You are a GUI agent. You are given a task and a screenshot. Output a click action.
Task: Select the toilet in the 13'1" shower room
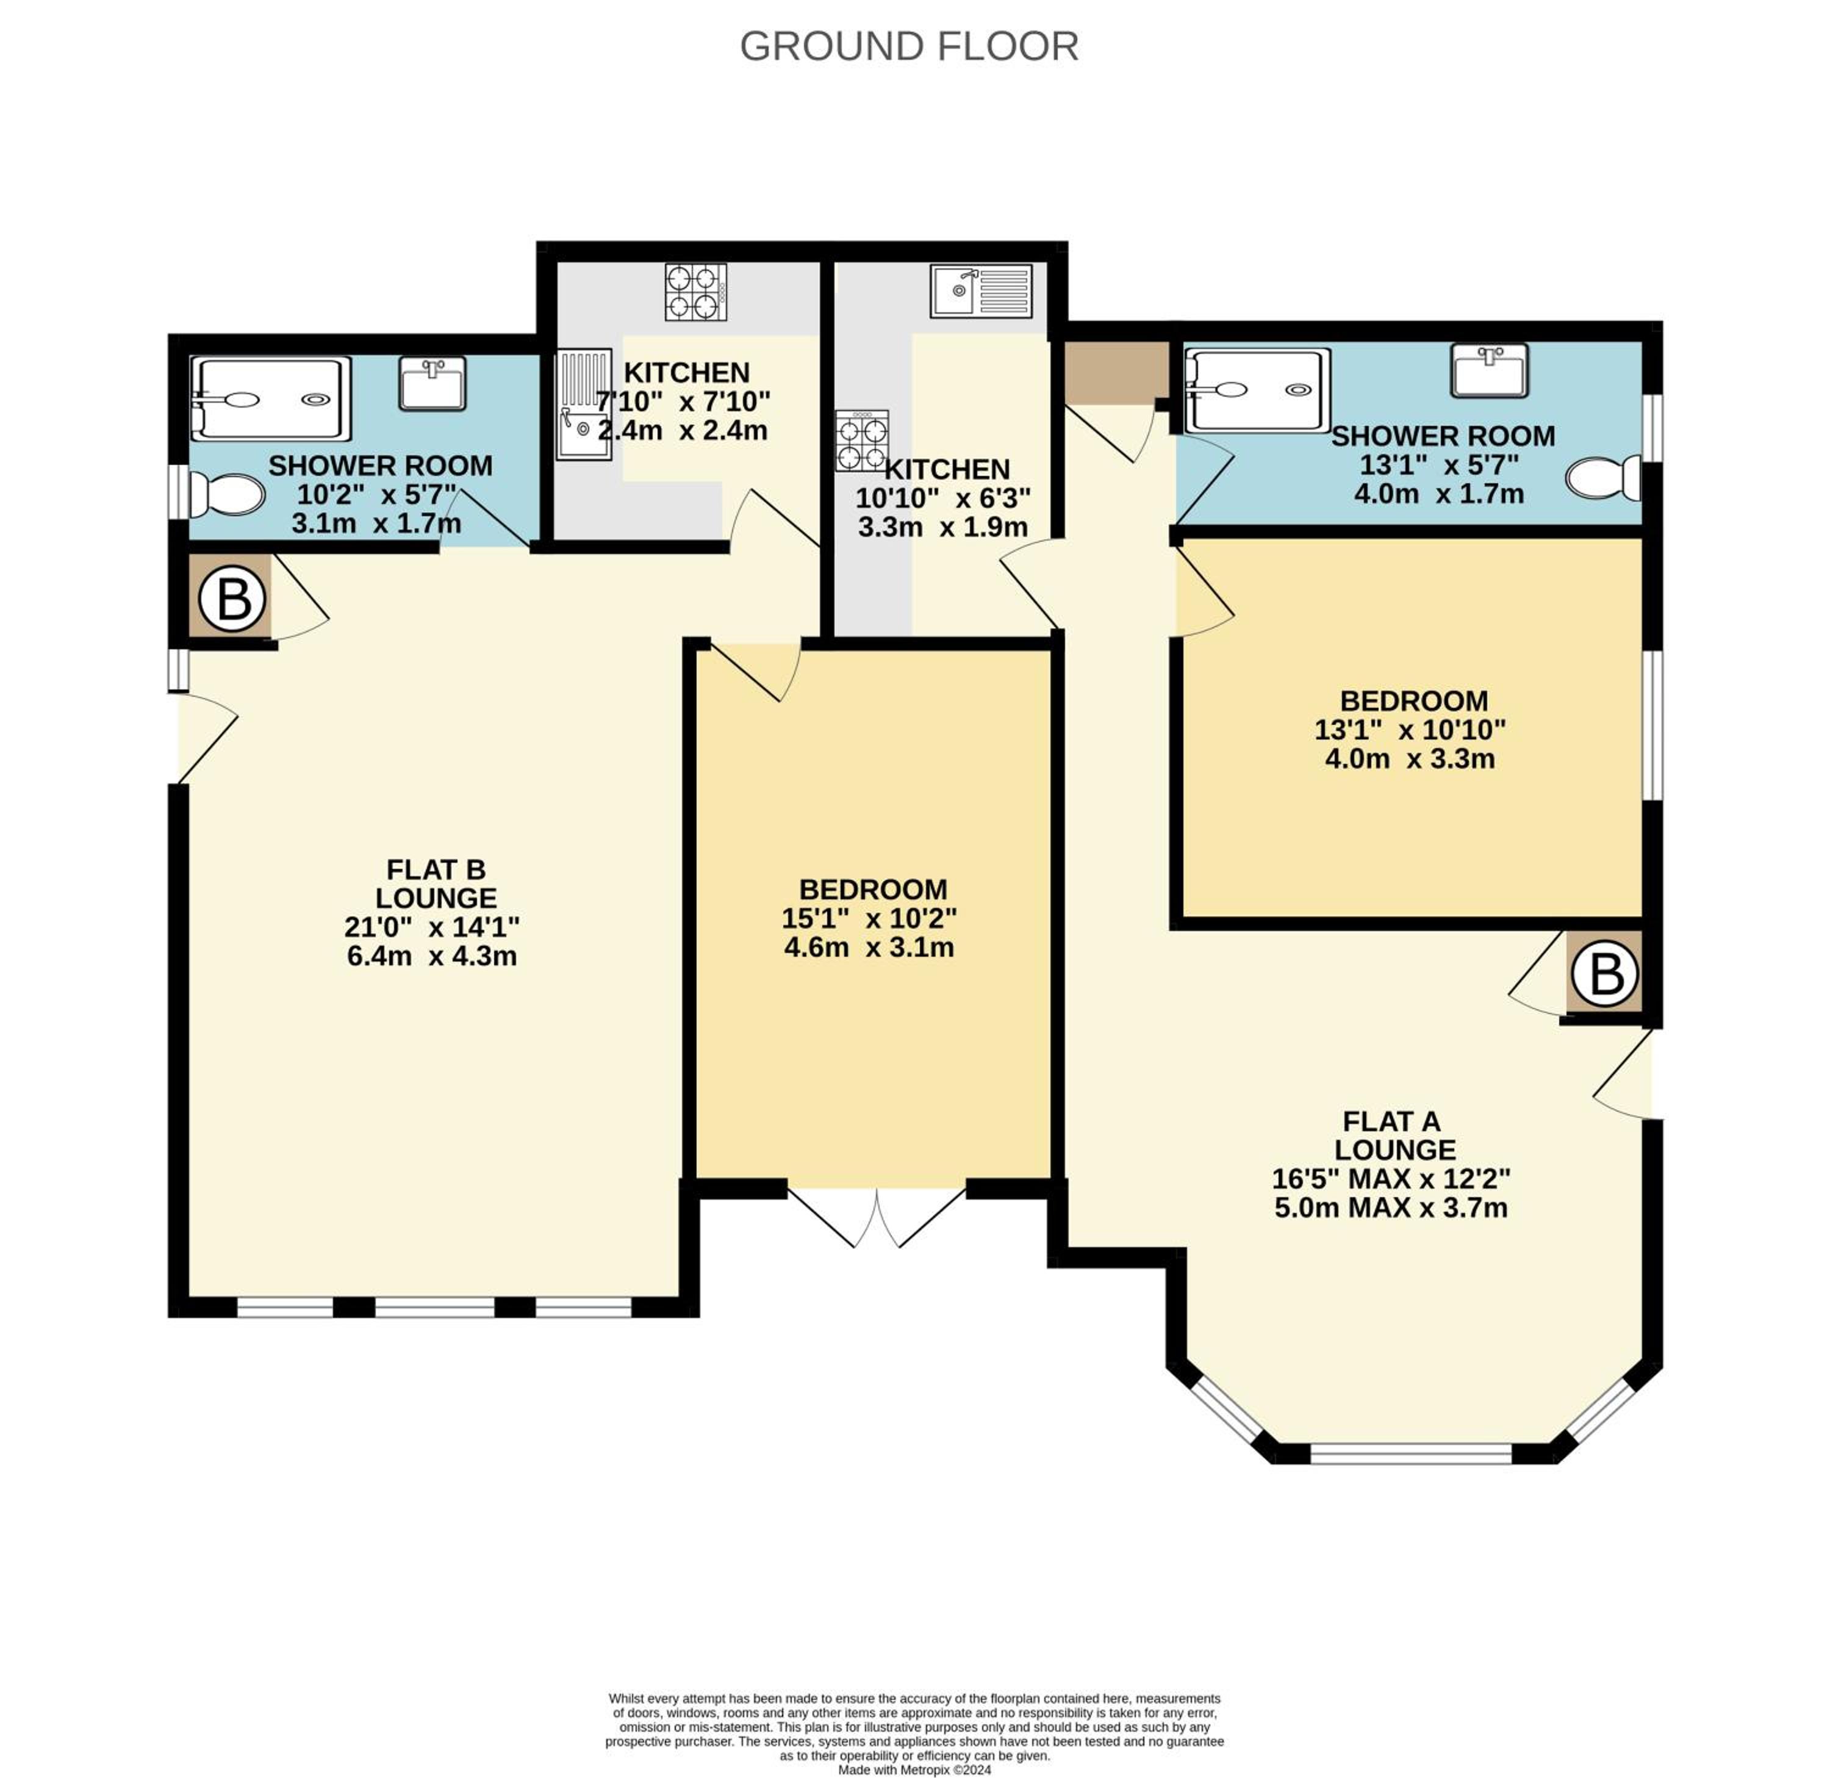tap(1604, 478)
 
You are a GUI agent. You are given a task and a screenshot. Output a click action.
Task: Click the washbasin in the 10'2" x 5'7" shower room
tap(432, 383)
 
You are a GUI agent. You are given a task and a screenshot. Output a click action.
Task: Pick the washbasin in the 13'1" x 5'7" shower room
tap(1489, 371)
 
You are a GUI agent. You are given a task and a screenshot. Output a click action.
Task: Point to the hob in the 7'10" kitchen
tap(695, 292)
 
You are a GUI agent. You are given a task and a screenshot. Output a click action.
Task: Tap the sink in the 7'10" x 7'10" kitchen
tap(584, 405)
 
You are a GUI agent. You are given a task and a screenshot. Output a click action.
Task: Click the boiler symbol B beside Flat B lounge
tap(232, 597)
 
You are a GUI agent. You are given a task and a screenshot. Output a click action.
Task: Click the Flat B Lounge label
tap(436, 884)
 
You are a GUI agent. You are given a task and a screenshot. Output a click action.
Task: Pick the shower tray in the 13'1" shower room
tap(1257, 391)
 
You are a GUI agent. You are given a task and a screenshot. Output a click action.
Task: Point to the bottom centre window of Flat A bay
tap(1411, 1454)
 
